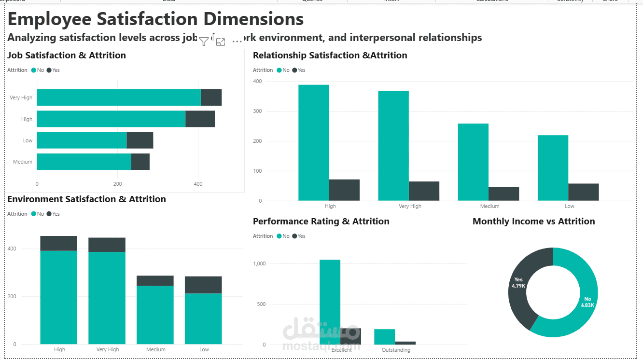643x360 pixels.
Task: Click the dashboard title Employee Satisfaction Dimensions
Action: tap(155, 19)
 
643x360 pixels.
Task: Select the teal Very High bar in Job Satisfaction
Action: tap(118, 97)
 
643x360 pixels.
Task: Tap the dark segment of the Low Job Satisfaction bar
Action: tap(140, 140)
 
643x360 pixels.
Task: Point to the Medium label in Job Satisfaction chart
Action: tap(23, 162)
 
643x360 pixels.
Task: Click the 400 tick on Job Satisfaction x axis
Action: tap(198, 184)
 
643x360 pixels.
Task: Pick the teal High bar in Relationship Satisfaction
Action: tap(313, 142)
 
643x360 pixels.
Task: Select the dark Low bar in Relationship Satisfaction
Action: tap(583, 192)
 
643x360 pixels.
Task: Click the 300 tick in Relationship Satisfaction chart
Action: tap(257, 111)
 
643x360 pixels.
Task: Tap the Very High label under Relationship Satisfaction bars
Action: tap(410, 206)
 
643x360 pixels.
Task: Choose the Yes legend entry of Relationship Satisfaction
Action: tap(299, 70)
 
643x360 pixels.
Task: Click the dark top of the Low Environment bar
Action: tap(203, 285)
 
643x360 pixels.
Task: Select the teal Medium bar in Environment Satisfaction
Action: tap(155, 315)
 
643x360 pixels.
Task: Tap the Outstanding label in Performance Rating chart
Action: tap(396, 350)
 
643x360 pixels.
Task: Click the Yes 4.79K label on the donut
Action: tap(518, 283)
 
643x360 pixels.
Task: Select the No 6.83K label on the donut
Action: tap(587, 302)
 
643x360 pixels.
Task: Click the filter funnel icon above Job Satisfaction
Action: tap(204, 42)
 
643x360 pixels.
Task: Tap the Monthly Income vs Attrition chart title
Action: tap(533, 222)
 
